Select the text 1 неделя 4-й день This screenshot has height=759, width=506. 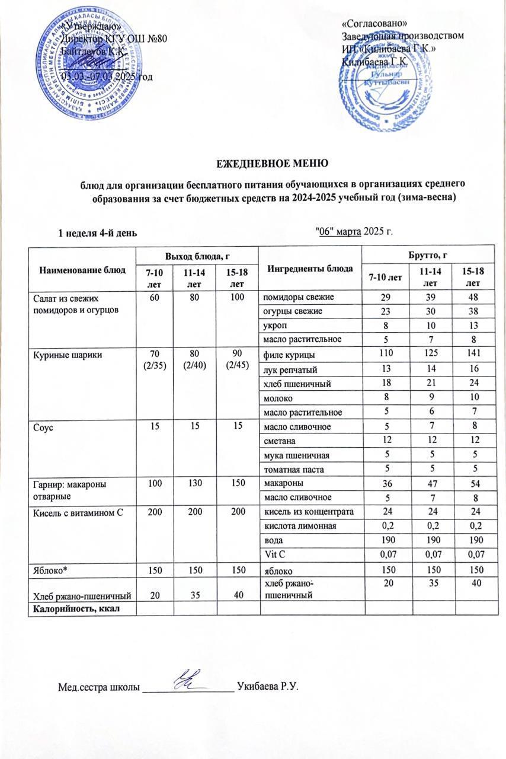(97, 233)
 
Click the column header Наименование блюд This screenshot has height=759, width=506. (83, 269)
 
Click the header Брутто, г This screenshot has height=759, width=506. (424, 254)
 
